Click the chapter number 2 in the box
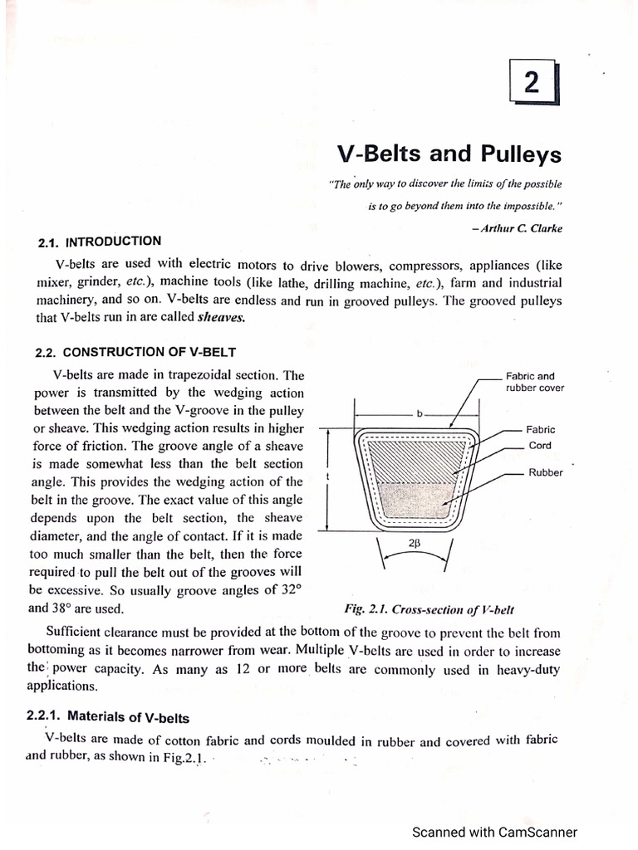point(532,83)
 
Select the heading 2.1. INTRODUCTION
point(100,242)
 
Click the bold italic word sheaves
point(222,317)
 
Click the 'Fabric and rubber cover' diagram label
point(535,382)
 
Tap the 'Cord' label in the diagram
point(540,446)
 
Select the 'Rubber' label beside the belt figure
point(545,472)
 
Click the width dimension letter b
point(421,412)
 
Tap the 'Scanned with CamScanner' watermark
point(496,832)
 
